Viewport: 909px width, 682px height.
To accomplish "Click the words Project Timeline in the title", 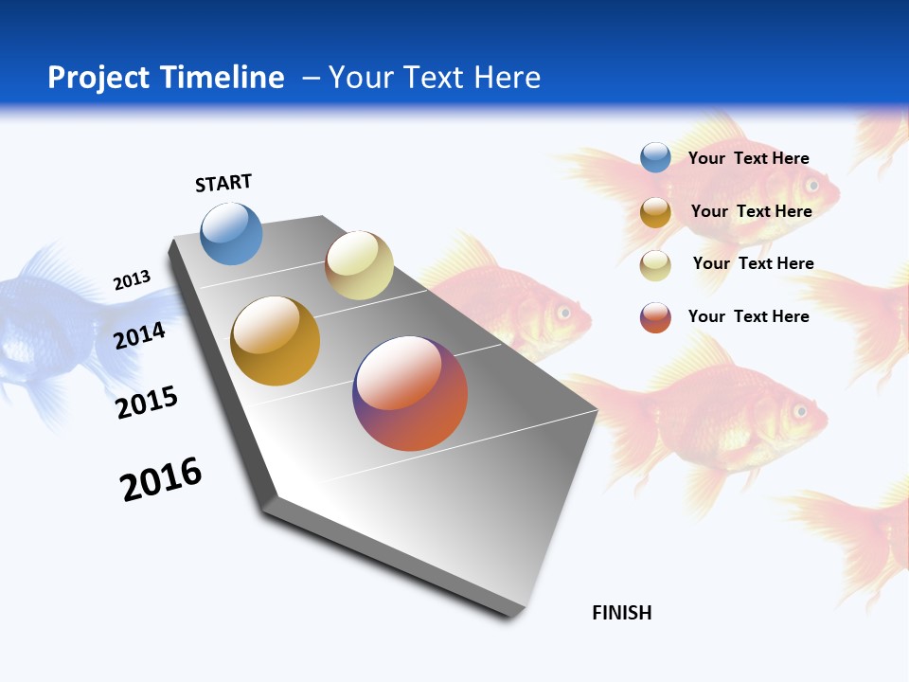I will [166, 78].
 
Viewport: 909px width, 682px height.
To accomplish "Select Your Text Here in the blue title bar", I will [435, 78].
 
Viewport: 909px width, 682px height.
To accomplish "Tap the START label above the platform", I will [223, 183].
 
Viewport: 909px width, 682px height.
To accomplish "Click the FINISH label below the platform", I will [622, 613].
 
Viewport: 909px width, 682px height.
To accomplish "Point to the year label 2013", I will [132, 280].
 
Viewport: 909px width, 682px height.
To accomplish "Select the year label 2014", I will [140, 335].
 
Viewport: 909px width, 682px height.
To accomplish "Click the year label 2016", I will [161, 479].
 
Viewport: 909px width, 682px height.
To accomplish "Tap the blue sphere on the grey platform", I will [232, 234].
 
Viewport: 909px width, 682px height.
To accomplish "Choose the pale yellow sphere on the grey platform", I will [359, 265].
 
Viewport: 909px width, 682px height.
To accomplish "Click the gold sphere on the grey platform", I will [276, 341].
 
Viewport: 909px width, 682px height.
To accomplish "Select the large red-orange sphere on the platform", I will [410, 393].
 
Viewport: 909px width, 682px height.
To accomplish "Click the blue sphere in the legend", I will [655, 157].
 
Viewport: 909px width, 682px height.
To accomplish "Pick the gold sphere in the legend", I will [655, 212].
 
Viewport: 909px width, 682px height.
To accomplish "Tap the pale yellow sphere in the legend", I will [655, 265].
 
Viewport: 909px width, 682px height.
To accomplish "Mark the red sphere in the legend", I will [655, 317].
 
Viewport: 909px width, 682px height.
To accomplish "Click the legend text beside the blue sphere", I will [748, 158].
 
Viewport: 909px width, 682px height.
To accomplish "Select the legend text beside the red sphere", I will [748, 316].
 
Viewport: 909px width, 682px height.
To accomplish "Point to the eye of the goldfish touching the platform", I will [565, 312].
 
